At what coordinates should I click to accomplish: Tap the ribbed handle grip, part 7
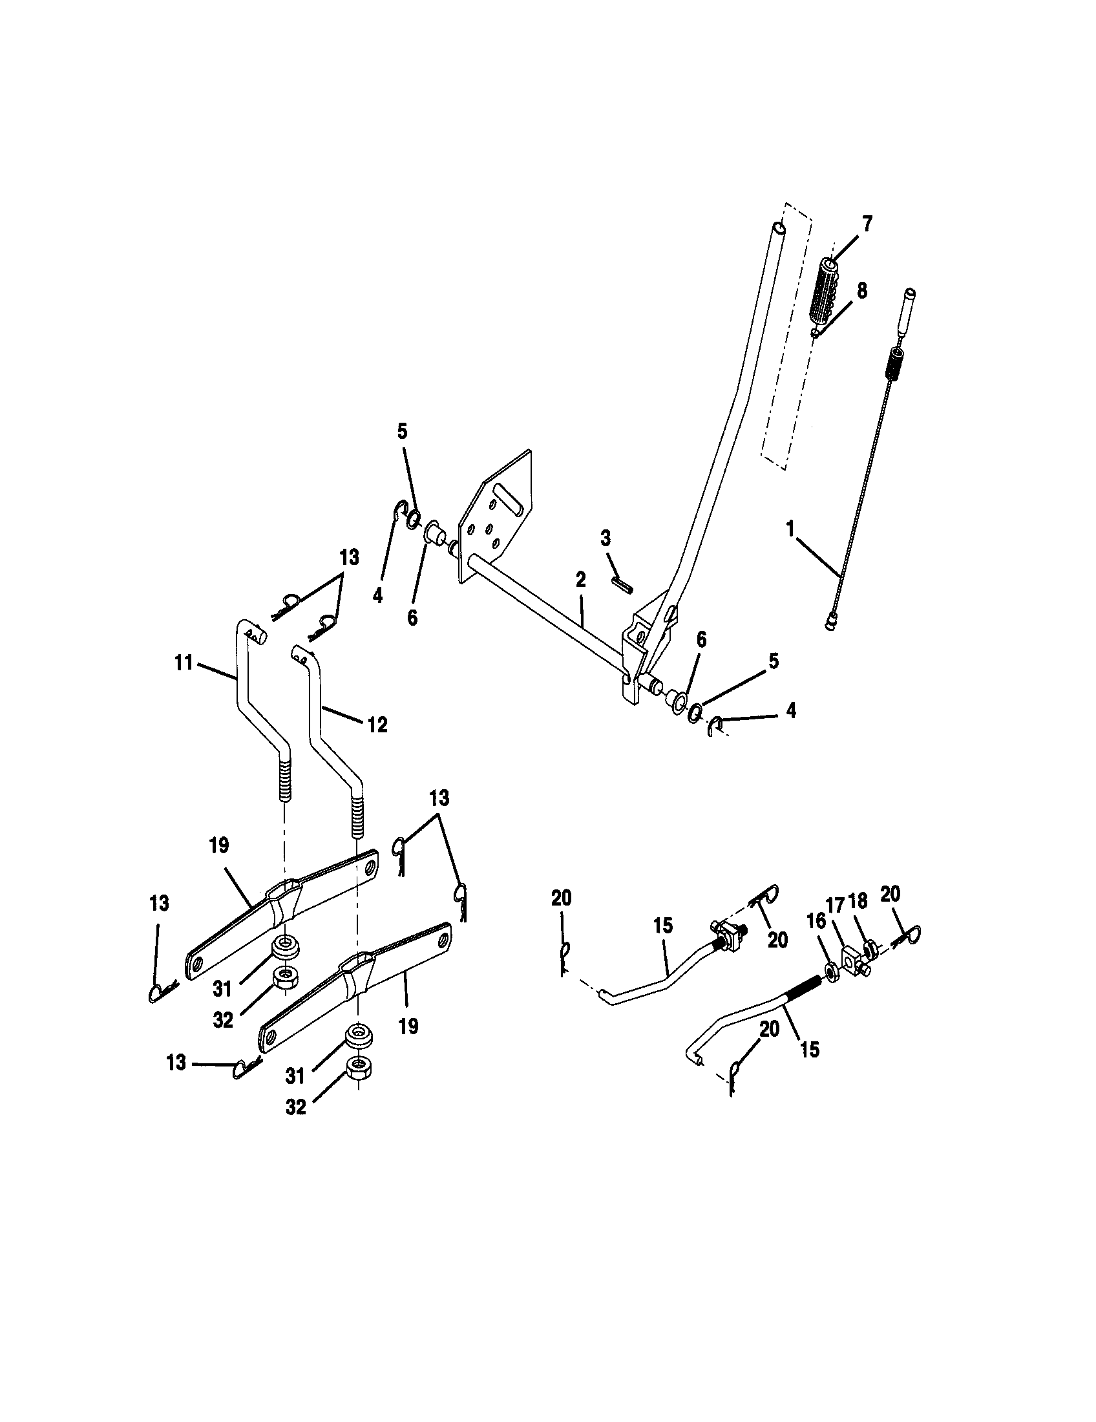(823, 293)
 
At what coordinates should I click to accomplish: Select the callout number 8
(861, 290)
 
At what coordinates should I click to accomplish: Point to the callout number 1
(790, 529)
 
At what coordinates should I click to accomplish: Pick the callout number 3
(606, 538)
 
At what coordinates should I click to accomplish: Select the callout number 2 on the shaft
(580, 579)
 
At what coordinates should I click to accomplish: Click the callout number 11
(184, 663)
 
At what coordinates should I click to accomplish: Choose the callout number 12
(378, 724)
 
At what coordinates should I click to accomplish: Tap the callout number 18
(858, 901)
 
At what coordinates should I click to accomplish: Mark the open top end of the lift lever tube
(778, 229)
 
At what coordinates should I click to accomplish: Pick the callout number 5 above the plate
(402, 432)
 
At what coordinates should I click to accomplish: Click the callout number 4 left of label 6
(378, 595)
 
